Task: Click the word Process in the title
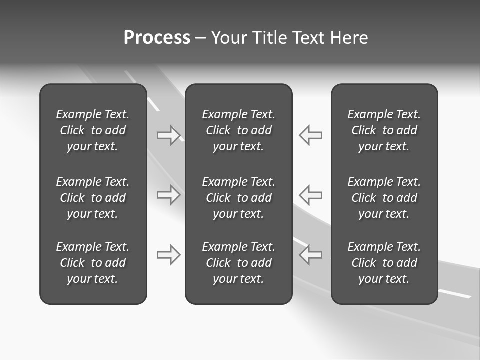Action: tap(157, 38)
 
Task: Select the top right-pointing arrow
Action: tap(168, 135)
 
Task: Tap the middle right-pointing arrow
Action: tap(168, 195)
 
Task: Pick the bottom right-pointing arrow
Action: tap(168, 255)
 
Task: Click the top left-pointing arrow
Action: tap(311, 135)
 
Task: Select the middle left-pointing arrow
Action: tap(311, 195)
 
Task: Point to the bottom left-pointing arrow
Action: tap(311, 255)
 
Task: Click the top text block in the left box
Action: tap(93, 130)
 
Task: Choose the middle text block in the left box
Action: tap(93, 198)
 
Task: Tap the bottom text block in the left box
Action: tap(93, 263)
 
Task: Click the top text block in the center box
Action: tap(239, 130)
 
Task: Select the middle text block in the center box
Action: tap(239, 198)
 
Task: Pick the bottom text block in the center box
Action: tap(239, 263)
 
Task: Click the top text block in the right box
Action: tap(384, 130)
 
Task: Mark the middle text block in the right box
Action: tap(384, 198)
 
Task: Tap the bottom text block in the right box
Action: tap(384, 263)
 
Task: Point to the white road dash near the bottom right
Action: tap(455, 294)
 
